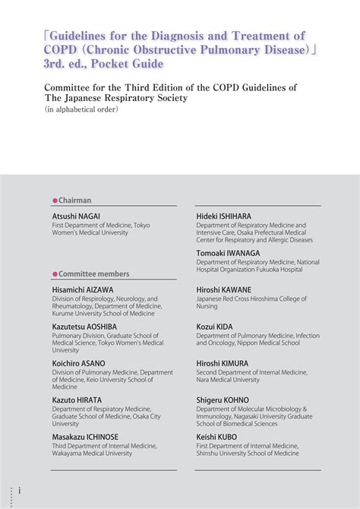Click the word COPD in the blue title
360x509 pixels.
click(62, 50)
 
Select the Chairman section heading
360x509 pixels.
click(74, 201)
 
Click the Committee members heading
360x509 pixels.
click(93, 273)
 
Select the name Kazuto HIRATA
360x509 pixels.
click(77, 400)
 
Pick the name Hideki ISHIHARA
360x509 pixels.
click(223, 217)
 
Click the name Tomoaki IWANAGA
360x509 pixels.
click(229, 253)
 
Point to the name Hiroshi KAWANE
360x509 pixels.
click(223, 289)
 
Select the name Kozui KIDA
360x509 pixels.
click(216, 326)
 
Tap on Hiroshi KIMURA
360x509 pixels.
click(222, 363)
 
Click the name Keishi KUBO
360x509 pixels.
click(216, 437)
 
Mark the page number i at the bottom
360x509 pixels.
click(21, 492)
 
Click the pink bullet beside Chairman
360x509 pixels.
click(55, 201)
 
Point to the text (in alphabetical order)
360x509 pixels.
click(81, 109)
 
